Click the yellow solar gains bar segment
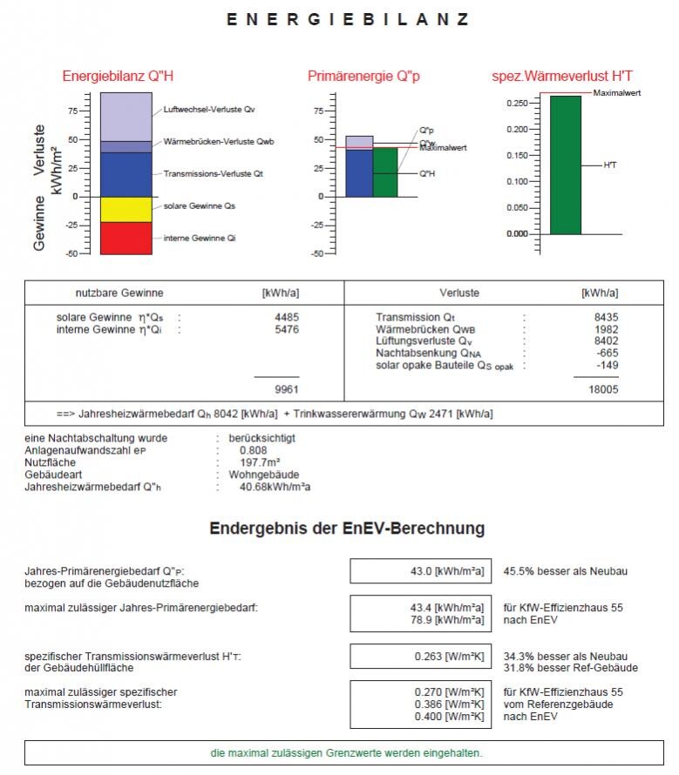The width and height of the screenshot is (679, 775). [126, 209]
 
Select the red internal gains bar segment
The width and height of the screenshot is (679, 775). [126, 238]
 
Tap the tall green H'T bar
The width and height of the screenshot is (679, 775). [565, 165]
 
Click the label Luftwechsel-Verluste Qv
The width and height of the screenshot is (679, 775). [208, 110]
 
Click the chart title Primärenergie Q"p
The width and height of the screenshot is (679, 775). [363, 77]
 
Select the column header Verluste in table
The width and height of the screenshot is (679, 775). [459, 293]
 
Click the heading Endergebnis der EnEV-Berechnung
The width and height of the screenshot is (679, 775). [347, 529]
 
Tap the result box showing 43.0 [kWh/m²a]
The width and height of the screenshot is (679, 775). [420, 571]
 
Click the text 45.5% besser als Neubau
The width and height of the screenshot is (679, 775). [565, 572]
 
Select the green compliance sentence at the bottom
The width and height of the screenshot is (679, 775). [346, 752]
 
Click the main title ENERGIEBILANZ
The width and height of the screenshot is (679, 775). [348, 19]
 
